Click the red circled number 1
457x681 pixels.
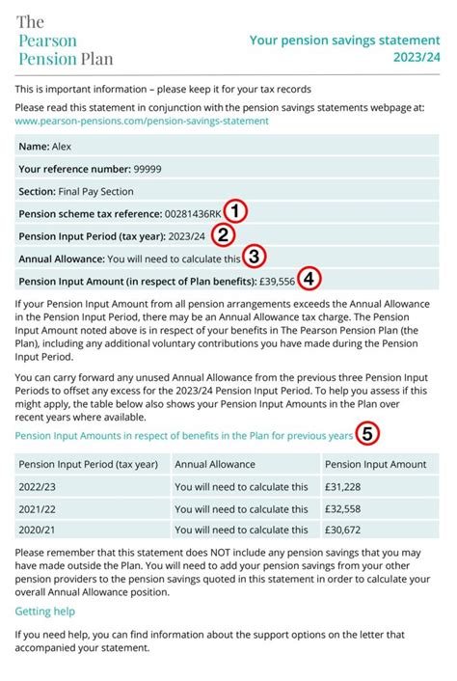237,212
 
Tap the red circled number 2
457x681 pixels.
222,235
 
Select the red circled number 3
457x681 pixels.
254,258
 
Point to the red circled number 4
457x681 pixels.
309,280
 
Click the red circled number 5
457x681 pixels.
366,435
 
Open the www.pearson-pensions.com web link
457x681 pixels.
142,121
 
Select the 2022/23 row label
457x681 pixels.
39,487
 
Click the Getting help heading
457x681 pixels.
44,611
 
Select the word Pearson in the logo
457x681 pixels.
47,41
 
